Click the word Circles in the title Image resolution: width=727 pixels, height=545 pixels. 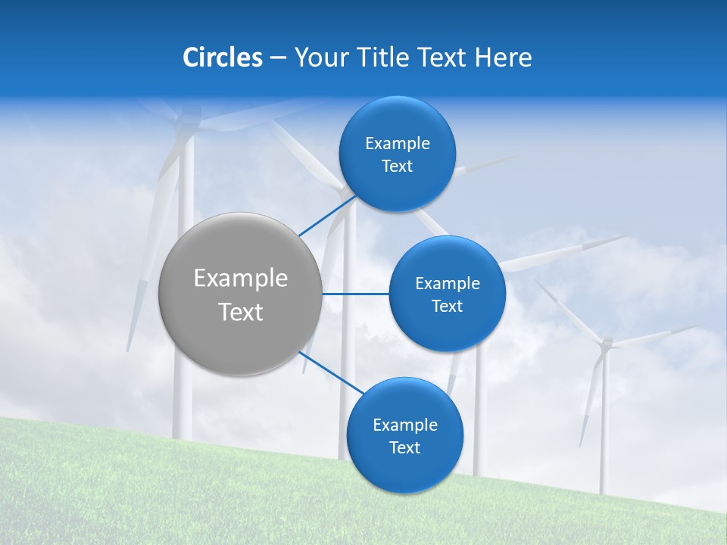(222, 58)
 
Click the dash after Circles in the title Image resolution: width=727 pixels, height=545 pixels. (278, 58)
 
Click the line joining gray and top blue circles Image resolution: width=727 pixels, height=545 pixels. (327, 215)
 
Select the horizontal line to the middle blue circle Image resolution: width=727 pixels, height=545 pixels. (355, 294)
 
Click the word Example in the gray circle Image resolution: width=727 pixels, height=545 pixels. (241, 279)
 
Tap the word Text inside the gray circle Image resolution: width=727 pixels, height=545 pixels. (241, 312)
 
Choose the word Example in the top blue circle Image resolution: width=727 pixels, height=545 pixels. (398, 144)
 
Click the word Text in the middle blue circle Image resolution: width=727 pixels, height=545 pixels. (447, 306)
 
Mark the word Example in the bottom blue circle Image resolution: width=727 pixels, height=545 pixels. (405, 425)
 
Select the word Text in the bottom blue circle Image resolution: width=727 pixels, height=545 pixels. (404, 447)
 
